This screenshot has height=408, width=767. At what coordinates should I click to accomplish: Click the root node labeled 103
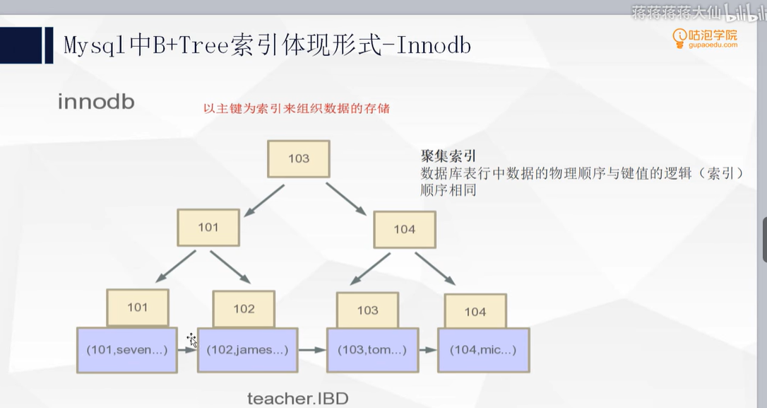tap(299, 158)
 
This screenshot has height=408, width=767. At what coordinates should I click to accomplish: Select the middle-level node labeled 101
tap(208, 227)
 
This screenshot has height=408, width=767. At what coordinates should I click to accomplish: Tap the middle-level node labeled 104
tap(405, 229)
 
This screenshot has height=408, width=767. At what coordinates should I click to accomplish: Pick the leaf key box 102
tap(244, 308)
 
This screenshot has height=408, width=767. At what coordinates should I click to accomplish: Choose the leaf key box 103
tap(367, 310)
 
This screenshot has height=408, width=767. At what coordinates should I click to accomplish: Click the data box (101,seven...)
tap(127, 349)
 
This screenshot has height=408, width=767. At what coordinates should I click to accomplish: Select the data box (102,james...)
tap(247, 349)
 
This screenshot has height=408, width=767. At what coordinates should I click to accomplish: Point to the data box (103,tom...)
tap(372, 349)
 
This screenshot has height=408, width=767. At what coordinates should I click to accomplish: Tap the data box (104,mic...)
tap(483, 349)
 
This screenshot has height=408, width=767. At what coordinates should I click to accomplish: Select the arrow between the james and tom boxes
tap(311, 349)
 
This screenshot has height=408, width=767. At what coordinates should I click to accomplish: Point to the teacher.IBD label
tap(297, 398)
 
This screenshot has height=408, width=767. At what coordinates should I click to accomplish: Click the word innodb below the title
tap(96, 102)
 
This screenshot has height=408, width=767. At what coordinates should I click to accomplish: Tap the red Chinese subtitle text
tap(297, 109)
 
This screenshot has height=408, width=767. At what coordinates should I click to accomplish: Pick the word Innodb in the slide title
tap(434, 46)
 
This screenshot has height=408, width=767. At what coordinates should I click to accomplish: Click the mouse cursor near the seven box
tap(191, 340)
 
